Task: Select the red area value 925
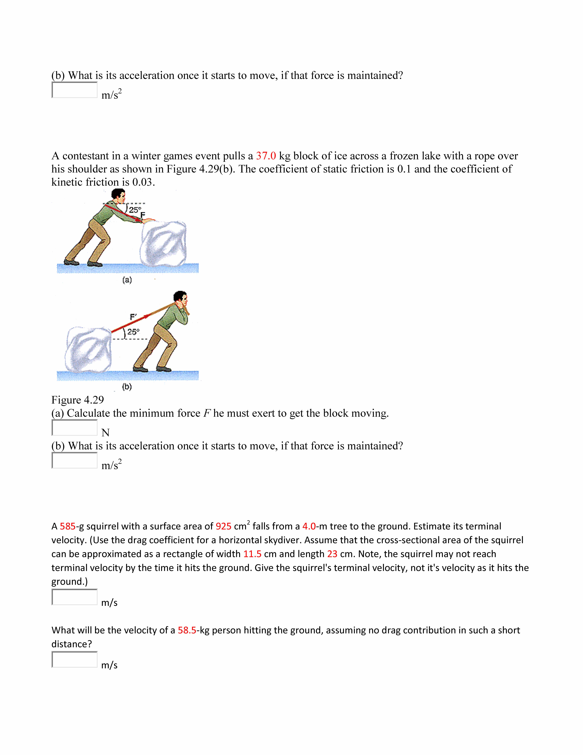[x=223, y=526]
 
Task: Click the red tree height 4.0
[x=309, y=526]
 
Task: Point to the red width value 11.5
[x=252, y=554]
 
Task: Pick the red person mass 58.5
[x=187, y=630]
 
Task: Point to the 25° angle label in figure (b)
[x=133, y=332]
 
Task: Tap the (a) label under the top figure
[x=127, y=280]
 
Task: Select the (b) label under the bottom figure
[x=127, y=387]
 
